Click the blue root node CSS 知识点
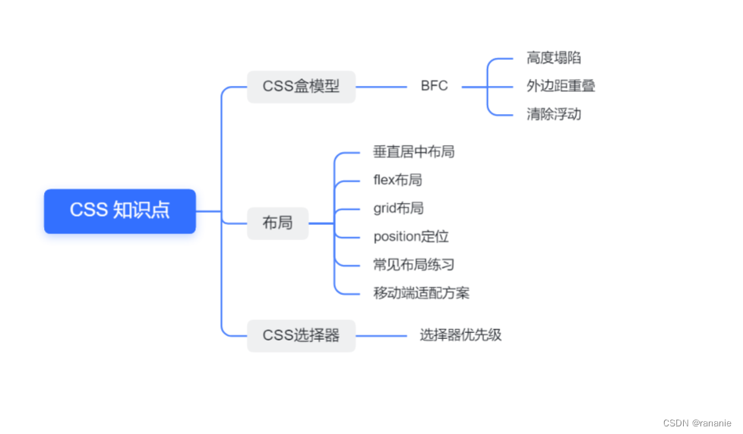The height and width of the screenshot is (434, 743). click(x=120, y=211)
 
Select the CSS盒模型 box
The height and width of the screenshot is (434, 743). click(x=301, y=87)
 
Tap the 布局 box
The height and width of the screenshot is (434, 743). click(x=277, y=223)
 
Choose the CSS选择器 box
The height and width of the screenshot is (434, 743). click(x=301, y=335)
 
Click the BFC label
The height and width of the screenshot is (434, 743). click(x=435, y=87)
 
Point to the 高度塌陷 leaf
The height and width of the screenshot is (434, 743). click(x=554, y=59)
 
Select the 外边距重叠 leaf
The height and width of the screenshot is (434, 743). click(x=561, y=87)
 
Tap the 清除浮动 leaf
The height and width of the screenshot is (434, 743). click(x=554, y=115)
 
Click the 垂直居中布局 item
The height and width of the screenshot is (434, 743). click(x=413, y=152)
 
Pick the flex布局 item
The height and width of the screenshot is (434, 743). click(x=397, y=180)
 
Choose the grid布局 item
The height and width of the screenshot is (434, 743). click(x=398, y=208)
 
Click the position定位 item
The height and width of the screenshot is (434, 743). click(x=411, y=236)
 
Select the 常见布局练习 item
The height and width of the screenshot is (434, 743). click(x=413, y=265)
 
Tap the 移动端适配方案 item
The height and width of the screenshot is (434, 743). click(x=421, y=293)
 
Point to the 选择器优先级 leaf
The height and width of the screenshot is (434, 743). click(x=460, y=335)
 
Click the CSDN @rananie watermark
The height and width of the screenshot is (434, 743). click(x=697, y=423)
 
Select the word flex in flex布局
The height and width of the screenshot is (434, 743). click(x=384, y=180)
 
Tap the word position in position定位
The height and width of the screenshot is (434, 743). click(x=396, y=236)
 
